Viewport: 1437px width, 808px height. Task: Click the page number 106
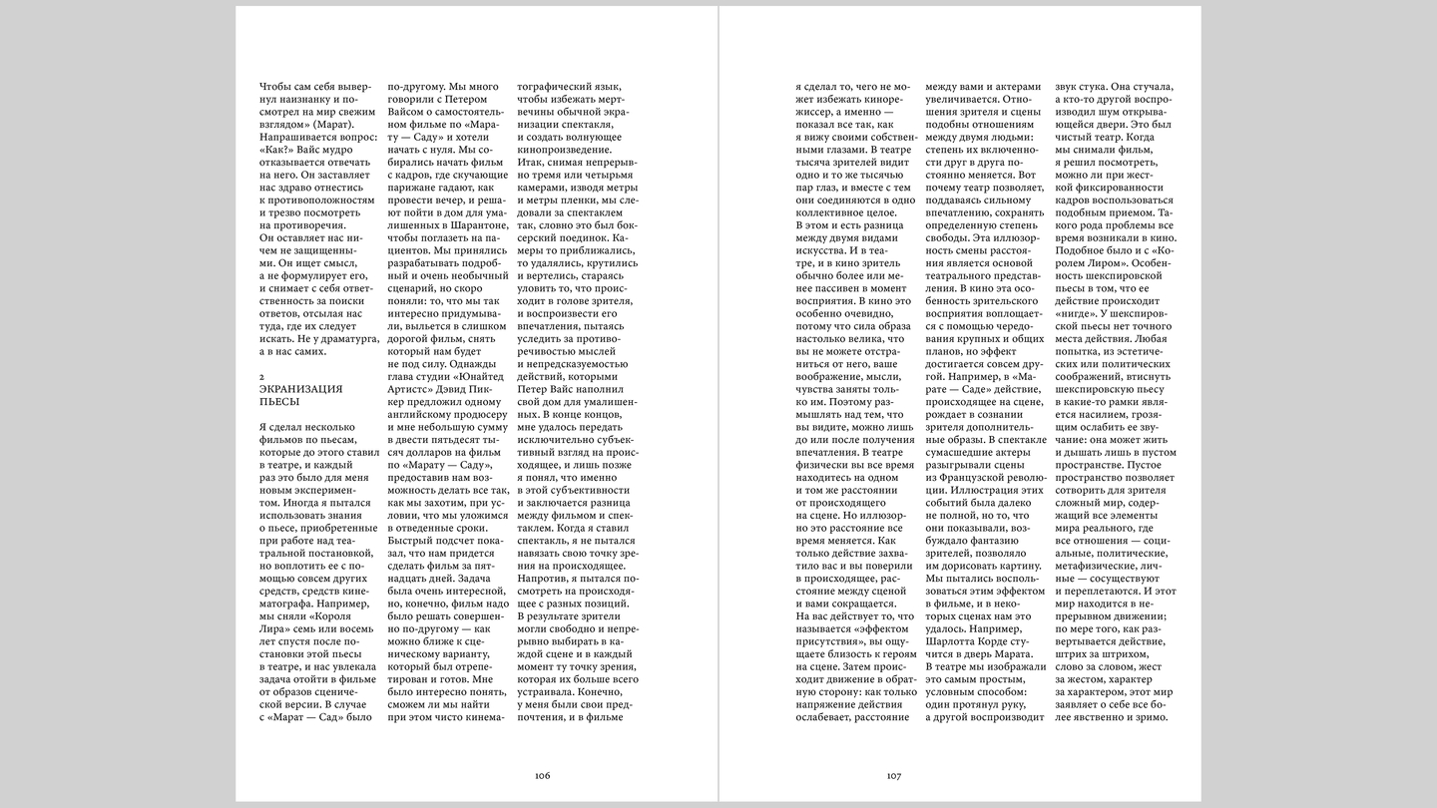543,775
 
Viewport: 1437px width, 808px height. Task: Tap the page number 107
893,775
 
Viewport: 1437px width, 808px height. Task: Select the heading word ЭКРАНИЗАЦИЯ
300,388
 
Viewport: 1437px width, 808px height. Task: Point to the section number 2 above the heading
261,374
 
